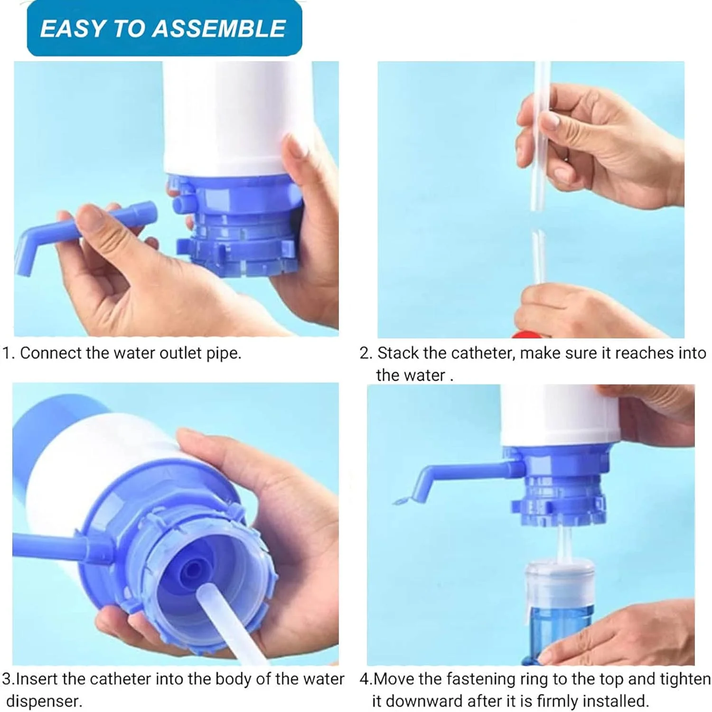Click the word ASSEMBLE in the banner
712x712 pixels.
tap(219, 28)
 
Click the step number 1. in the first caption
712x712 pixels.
tap(9, 353)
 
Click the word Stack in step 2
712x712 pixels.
tap(398, 353)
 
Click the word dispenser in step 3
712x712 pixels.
tap(44, 702)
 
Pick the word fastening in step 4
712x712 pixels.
tap(480, 680)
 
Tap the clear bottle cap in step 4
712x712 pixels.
tap(559, 584)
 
